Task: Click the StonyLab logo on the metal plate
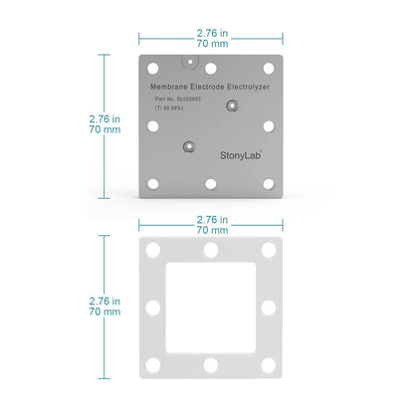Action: (x=243, y=155)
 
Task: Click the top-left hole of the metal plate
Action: (x=153, y=68)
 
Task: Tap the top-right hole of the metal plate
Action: (x=268, y=68)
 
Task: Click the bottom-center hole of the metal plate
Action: (x=211, y=183)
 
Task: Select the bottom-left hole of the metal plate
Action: (x=153, y=183)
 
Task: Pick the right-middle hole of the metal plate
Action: (x=268, y=125)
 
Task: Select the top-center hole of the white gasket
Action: (x=210, y=250)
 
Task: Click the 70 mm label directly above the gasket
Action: (x=210, y=229)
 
